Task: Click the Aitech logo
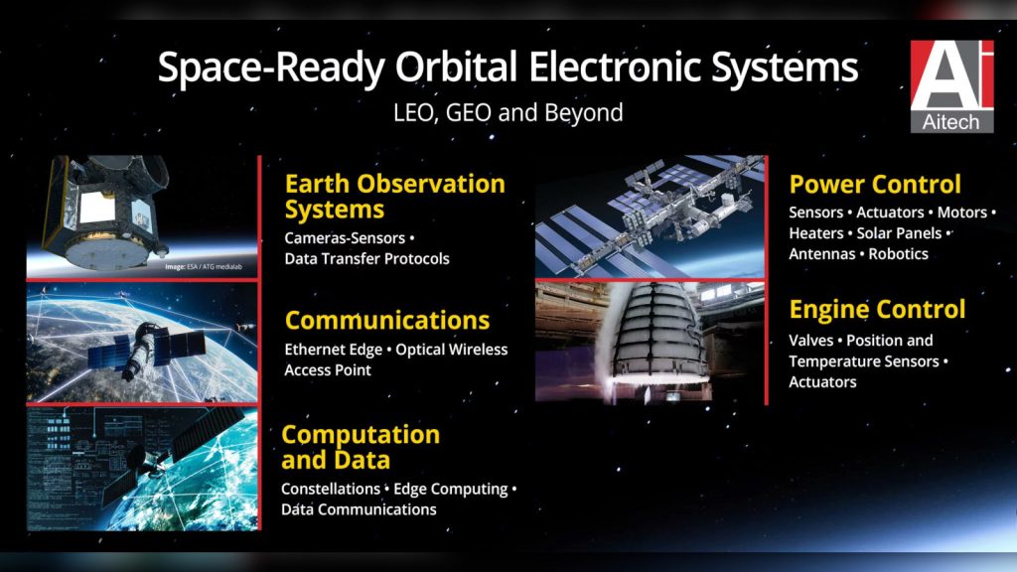pos(951,86)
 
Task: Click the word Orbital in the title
pos(456,67)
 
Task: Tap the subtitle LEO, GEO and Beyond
pos(508,113)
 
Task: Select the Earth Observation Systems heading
pos(395,197)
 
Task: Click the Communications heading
pos(387,321)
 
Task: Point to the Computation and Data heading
pos(361,447)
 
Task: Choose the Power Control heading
pos(875,184)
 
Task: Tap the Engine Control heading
pos(877,310)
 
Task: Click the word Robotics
pos(898,254)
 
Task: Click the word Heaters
pos(816,233)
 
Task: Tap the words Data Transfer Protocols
pos(367,259)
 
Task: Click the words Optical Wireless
pos(452,350)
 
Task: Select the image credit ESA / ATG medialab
pos(204,266)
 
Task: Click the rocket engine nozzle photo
pos(650,343)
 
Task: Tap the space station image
pos(650,216)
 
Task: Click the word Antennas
pos(821,254)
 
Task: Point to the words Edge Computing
pos(451,490)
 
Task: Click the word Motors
pos(961,213)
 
